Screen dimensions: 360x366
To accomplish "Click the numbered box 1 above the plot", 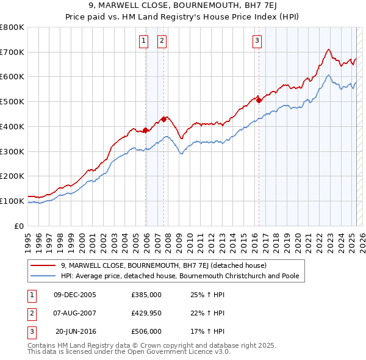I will pyautogui.click(x=143, y=41).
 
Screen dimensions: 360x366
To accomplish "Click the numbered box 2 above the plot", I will pyautogui.click(x=162, y=41).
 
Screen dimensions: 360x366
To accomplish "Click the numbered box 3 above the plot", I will pyautogui.click(x=257, y=41).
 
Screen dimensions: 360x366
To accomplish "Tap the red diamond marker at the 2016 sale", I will pyautogui.click(x=259, y=100).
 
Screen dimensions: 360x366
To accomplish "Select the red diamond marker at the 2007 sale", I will pyautogui.click(x=163, y=119).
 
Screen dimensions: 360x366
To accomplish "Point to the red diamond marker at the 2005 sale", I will pyautogui.click(x=146, y=130).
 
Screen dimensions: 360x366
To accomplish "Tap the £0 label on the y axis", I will pyautogui.click(x=19, y=226).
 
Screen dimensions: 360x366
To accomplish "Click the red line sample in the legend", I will pyautogui.click(x=43, y=265).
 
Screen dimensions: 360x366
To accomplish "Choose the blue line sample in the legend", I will pyautogui.click(x=43, y=276).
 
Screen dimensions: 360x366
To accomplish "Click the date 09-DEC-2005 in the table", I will pyautogui.click(x=75, y=295).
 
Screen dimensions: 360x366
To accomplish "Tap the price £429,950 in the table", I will pyautogui.click(x=146, y=313).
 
